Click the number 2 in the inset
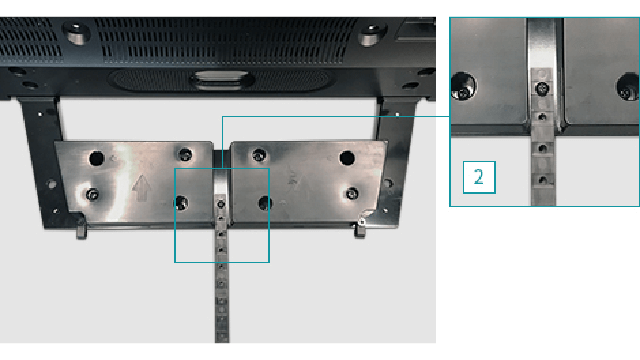pyautogui.click(x=479, y=177)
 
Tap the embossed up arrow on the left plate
pyautogui.click(x=141, y=187)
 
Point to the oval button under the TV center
pyautogui.click(x=222, y=80)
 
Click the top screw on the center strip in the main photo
pyautogui.click(x=221, y=204)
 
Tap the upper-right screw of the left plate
pyautogui.click(x=185, y=154)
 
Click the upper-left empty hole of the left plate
pyautogui.click(x=97, y=158)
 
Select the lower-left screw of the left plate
pyautogui.click(x=92, y=194)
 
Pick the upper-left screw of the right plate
pyautogui.click(x=259, y=155)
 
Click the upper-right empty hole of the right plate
pyautogui.click(x=347, y=158)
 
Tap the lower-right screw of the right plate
pyautogui.click(x=352, y=193)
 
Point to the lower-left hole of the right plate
pyautogui.click(x=265, y=203)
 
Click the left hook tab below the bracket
pyautogui.click(x=82, y=231)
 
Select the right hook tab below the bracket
pyautogui.click(x=359, y=230)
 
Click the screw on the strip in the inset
pyautogui.click(x=542, y=89)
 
